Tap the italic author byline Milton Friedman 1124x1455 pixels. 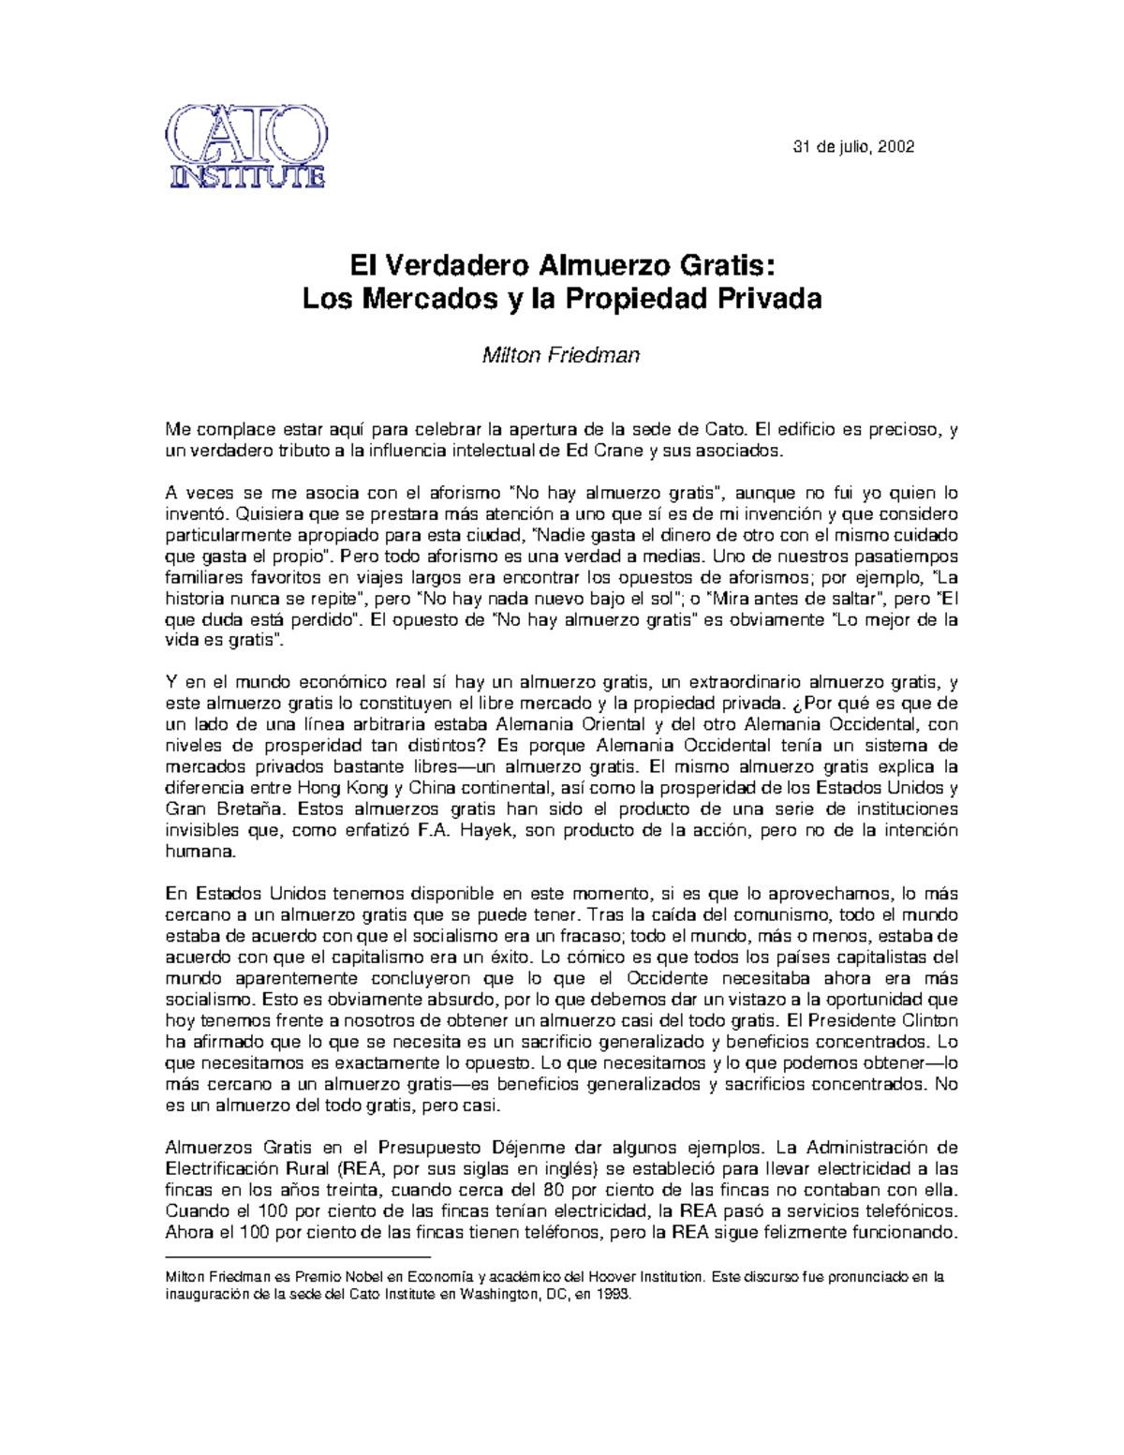pyautogui.click(x=560, y=356)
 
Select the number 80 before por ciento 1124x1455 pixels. pyautogui.click(x=553, y=1190)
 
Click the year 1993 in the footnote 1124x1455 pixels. pyautogui.click(x=615, y=1295)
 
